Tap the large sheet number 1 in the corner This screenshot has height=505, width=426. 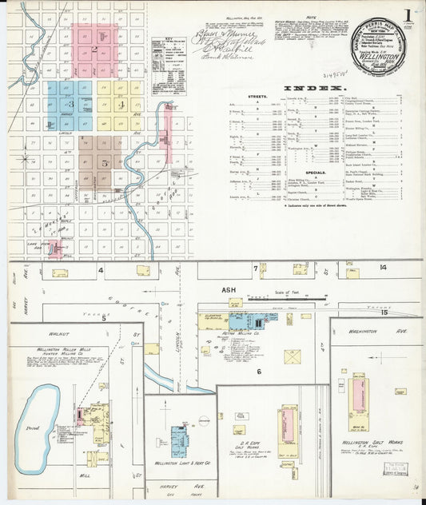point(408,13)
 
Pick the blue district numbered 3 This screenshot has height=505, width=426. point(70,104)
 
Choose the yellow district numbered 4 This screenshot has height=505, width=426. point(121,104)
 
